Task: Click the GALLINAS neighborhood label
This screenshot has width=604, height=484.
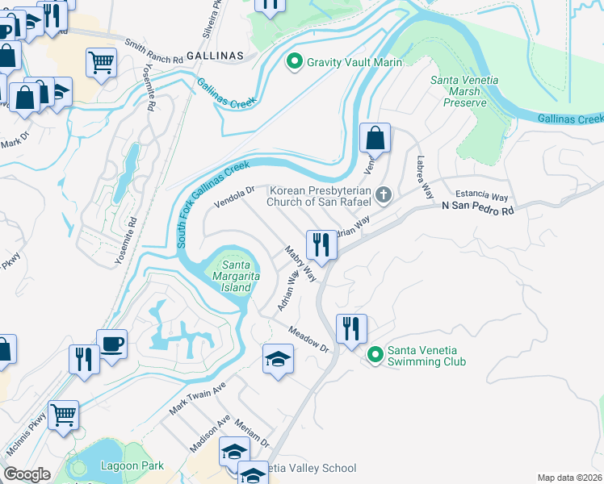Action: pos(214,53)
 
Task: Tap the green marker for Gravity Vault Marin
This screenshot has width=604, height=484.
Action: pos(295,60)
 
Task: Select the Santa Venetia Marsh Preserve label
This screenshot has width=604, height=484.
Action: pos(464,91)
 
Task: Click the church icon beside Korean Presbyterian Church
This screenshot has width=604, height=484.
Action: pos(384,194)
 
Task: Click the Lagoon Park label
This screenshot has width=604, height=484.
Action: pos(132,465)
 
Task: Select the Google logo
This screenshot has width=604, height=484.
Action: pos(27,474)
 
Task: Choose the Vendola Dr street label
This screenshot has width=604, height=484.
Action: pos(234,197)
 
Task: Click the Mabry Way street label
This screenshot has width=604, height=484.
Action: pos(300,265)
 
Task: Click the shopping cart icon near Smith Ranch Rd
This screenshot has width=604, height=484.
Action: pos(101,61)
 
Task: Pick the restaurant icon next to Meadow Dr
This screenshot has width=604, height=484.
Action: pos(351,328)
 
